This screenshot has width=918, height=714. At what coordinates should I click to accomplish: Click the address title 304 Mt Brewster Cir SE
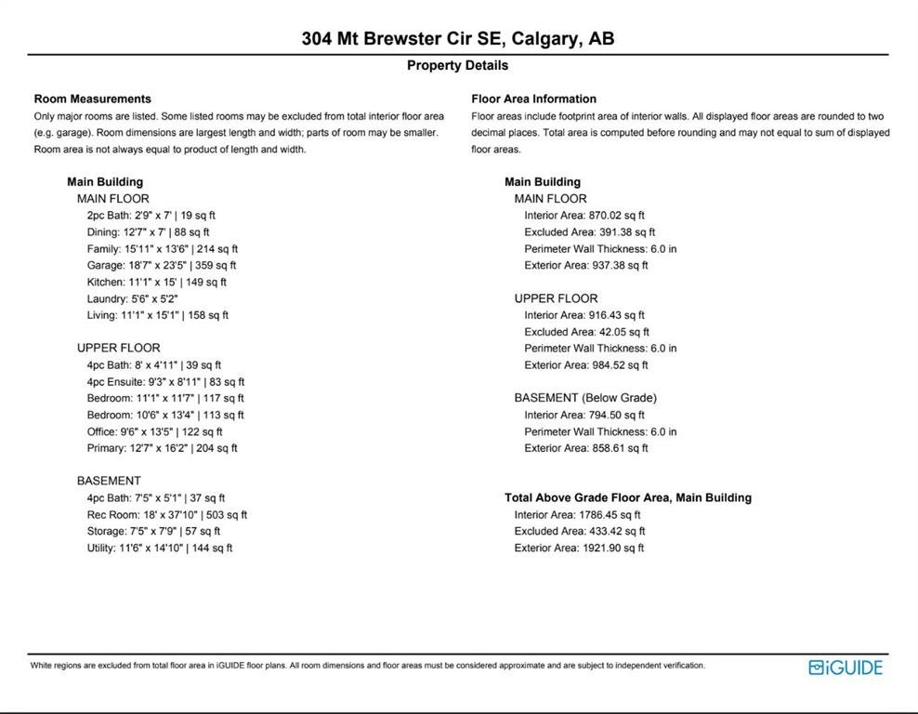pos(457,39)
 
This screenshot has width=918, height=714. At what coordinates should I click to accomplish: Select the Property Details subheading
pos(457,65)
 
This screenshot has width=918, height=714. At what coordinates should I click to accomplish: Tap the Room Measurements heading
pos(92,99)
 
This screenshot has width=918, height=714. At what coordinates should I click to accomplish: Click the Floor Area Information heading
pos(533,99)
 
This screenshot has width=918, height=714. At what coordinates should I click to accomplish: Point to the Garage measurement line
pos(161,265)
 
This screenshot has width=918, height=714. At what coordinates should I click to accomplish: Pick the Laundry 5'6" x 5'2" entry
pos(132,298)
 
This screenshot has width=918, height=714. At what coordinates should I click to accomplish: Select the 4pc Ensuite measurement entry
pos(165,381)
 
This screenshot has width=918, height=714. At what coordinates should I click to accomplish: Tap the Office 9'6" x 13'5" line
pos(155,431)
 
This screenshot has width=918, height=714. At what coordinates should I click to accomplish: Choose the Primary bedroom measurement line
pos(162,448)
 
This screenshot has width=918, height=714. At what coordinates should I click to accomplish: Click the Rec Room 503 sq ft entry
pos(166,514)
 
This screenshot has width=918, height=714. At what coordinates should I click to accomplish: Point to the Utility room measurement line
pos(159,548)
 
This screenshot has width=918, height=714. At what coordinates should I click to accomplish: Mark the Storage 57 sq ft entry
pos(153,531)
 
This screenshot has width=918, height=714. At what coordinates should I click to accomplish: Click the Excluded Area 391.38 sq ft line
pos(589,231)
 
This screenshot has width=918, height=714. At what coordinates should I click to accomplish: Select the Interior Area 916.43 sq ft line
pos(584,315)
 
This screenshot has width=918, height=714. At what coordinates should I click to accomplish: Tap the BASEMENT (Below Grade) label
pos(585,398)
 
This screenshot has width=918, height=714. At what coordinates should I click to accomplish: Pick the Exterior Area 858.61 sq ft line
pos(585,448)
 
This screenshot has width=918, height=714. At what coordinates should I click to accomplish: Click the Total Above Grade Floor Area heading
pos(627,497)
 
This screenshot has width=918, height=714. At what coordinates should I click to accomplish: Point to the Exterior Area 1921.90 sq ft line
pos(579,548)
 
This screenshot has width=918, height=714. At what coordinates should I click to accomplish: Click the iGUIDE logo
pos(845,667)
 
